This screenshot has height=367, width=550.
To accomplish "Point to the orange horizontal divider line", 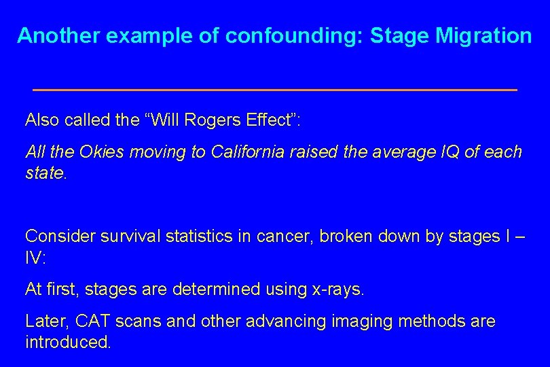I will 274,90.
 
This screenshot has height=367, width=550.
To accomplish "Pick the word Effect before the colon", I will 274,120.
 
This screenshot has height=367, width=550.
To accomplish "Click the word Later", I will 43,321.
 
